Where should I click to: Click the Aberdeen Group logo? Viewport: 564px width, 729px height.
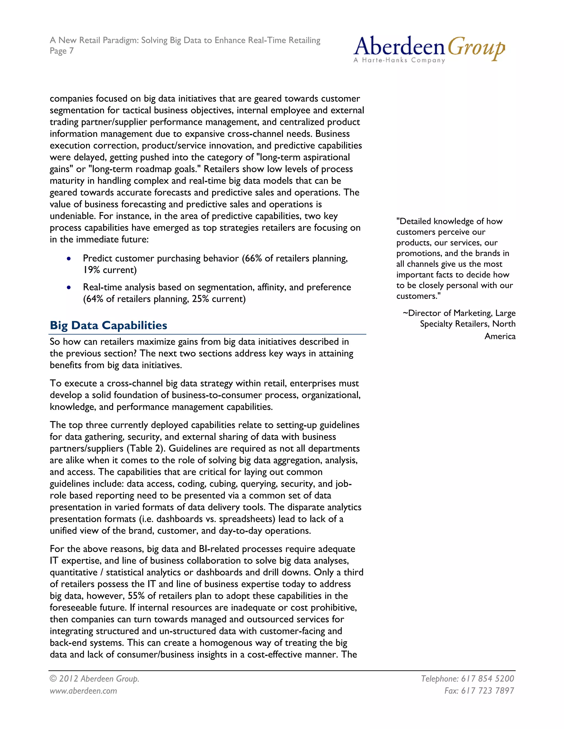click(429, 49)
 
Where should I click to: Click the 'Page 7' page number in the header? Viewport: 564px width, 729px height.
click(61, 51)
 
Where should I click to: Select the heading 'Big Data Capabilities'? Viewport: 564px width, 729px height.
click(108, 325)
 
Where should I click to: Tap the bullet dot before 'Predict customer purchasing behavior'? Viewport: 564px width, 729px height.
click(69, 259)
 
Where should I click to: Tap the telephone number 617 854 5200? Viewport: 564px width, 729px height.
click(487, 679)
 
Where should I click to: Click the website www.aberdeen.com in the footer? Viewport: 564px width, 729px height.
click(83, 690)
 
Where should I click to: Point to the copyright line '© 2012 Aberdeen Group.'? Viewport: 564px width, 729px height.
click(94, 679)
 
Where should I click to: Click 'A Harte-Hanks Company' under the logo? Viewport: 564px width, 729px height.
click(399, 61)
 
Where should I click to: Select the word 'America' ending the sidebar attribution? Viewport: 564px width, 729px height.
click(500, 336)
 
